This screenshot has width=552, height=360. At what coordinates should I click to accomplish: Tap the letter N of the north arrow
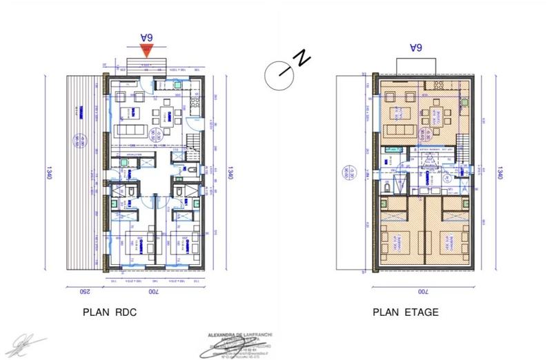[302, 59]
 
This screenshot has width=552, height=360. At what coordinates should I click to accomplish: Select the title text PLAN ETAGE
[406, 312]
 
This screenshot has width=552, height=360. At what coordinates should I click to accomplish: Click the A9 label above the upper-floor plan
[415, 48]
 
